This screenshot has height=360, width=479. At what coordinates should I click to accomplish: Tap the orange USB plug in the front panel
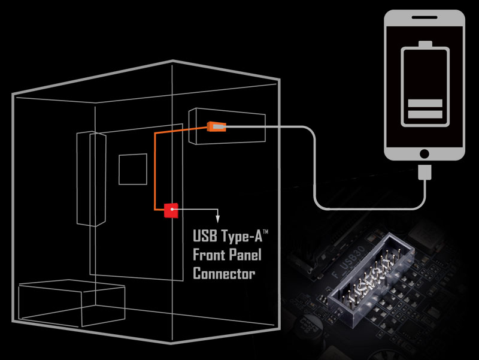coord(216,126)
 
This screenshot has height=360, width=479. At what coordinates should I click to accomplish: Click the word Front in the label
coord(209,255)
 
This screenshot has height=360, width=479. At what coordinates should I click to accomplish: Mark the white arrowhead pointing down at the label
coord(218,220)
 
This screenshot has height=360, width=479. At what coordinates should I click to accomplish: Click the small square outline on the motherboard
coord(132,170)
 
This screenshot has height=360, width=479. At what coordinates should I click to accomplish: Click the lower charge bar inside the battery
coord(425,114)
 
